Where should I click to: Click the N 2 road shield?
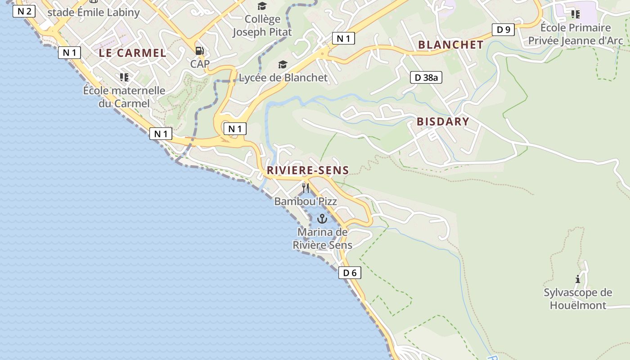[x=24, y=11]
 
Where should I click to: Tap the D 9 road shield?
[x=503, y=30]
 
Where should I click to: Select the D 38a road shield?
[x=426, y=77]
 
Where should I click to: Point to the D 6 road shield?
[x=350, y=272]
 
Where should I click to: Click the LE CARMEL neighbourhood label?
[x=133, y=53]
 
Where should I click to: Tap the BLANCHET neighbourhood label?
[x=451, y=45]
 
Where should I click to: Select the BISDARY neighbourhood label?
[x=443, y=121]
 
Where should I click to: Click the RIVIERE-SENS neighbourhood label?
[x=308, y=170]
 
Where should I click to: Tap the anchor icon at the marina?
[x=322, y=219]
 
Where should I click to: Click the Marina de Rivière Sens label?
[x=322, y=238]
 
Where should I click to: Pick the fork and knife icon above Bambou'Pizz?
[x=306, y=187]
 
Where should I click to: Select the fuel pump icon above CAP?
[x=199, y=51]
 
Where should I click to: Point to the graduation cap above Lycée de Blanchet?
[x=283, y=65]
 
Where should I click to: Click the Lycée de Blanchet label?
[x=283, y=77]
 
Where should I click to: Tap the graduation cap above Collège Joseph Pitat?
[x=262, y=6]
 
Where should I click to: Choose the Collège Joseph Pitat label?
[x=262, y=26]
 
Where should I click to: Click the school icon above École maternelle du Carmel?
[x=124, y=77]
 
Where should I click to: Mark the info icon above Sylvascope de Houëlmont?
[x=578, y=279]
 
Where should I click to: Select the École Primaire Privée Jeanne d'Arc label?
[x=576, y=34]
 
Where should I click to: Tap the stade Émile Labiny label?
[x=94, y=12]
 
